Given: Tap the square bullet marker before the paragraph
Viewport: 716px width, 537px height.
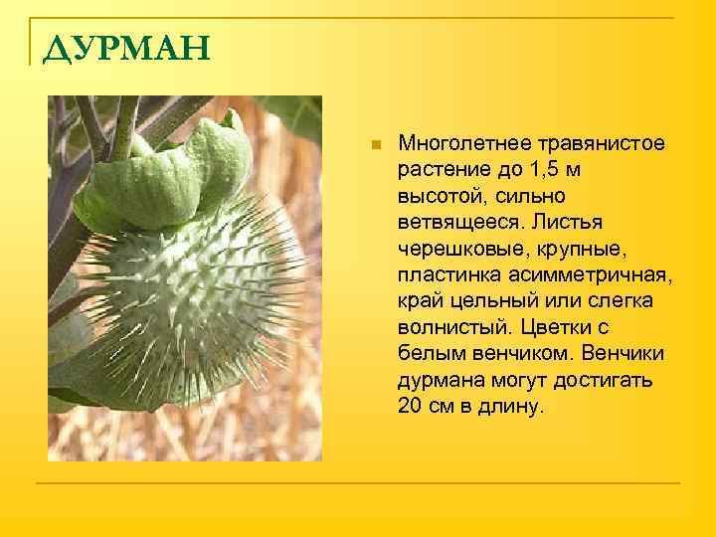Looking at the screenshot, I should point(374,145).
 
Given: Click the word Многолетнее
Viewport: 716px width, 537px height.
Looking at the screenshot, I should point(460,145).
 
